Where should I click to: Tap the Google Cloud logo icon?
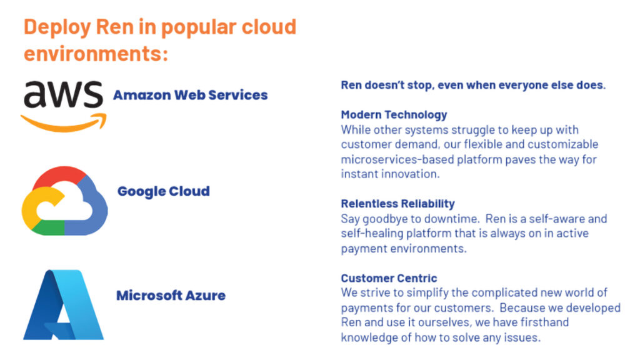[x=64, y=201]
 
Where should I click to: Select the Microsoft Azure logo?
[x=64, y=304]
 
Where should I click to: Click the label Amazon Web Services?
[x=190, y=95]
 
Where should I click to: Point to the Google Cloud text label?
[x=163, y=191]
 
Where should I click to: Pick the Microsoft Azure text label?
[x=171, y=295]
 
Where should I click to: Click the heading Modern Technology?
[x=394, y=115]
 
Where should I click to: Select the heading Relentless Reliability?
[x=397, y=204]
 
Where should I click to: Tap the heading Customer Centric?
[x=389, y=278]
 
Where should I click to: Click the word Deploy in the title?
[x=57, y=27]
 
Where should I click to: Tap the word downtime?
[x=451, y=219]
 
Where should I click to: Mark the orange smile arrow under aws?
[x=64, y=124]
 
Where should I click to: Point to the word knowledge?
[x=369, y=337]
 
